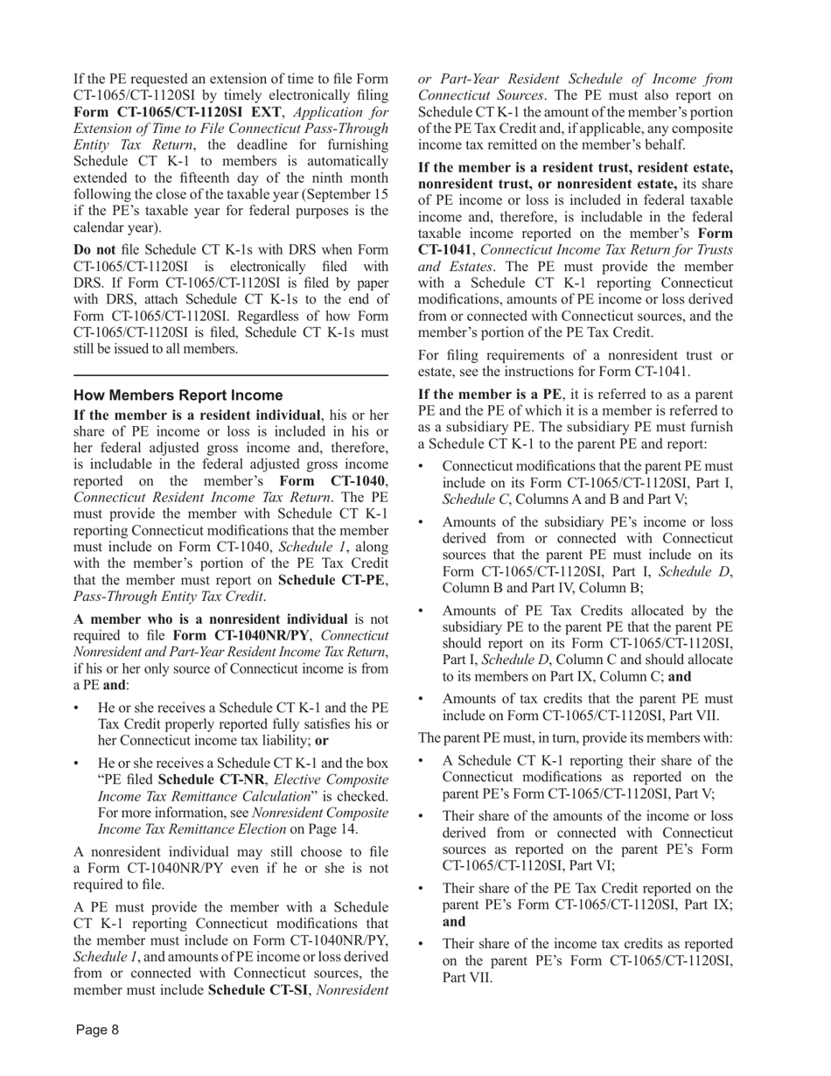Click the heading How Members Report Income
[x=178, y=395]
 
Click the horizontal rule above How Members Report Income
[x=231, y=374]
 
